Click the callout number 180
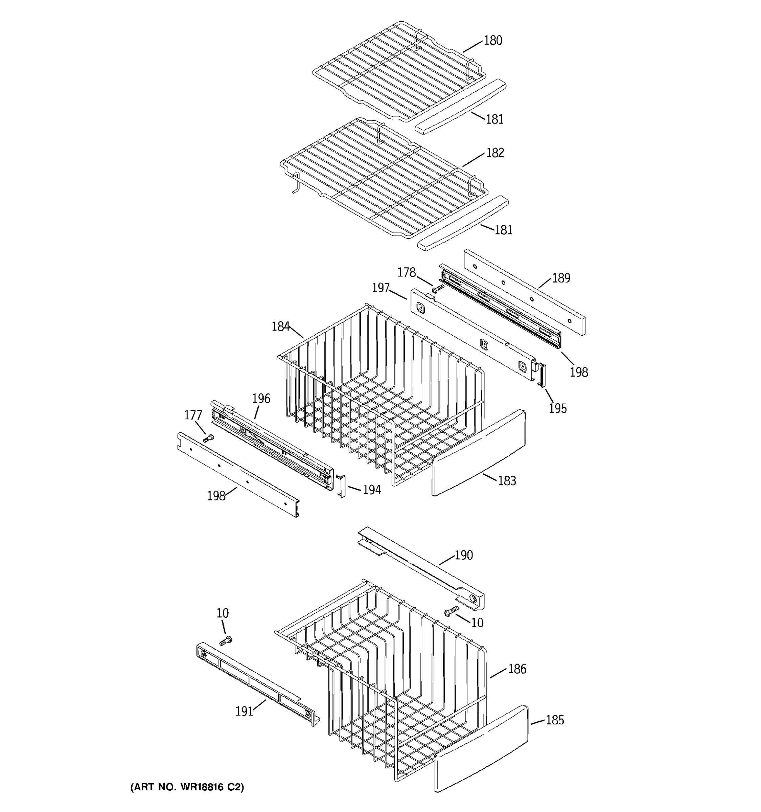[493, 41]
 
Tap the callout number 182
[495, 153]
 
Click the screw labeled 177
[208, 439]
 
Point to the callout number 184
[280, 326]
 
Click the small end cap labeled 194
[341, 486]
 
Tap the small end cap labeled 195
[543, 375]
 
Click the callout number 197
[380, 288]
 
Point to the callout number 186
[517, 669]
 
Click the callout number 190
[464, 555]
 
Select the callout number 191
[244, 711]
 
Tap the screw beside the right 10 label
[451, 611]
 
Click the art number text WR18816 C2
[187, 787]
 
